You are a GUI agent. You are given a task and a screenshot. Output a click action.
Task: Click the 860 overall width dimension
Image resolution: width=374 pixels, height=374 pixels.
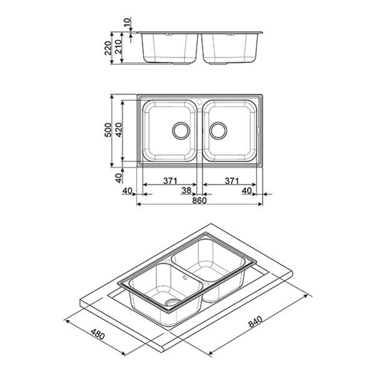199,201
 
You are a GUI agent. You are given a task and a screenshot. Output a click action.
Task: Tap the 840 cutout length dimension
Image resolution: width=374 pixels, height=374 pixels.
255,322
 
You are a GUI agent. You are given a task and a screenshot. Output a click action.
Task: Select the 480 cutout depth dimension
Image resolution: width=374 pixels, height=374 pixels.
98,334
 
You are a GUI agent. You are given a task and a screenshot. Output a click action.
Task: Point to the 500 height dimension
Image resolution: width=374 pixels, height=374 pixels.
108,130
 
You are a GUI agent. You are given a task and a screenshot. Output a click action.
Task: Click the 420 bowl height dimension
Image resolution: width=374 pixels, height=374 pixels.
119,130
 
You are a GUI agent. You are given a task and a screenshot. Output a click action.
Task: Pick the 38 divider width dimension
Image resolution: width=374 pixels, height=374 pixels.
186,190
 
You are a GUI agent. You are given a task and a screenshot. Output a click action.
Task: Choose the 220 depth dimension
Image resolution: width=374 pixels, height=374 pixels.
108,48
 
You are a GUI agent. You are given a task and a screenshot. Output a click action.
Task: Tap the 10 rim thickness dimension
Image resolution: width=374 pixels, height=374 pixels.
128,22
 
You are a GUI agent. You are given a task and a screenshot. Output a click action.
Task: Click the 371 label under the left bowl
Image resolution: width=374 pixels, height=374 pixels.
170,181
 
